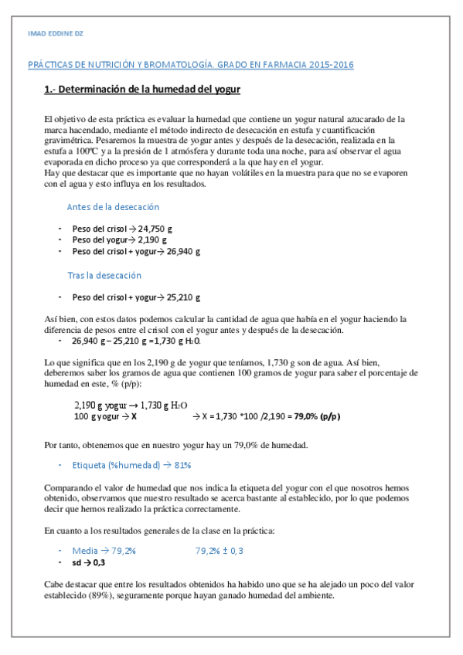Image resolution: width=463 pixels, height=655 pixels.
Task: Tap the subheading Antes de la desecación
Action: (x=113, y=207)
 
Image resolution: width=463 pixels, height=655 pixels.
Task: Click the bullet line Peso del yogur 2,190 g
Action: (x=120, y=240)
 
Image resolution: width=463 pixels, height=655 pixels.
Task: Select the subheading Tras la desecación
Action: (x=104, y=275)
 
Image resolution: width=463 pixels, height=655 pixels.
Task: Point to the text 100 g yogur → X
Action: (x=105, y=416)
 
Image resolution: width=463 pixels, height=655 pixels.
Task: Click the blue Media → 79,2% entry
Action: (x=104, y=551)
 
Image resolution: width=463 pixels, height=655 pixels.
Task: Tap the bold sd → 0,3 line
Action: (x=89, y=563)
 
